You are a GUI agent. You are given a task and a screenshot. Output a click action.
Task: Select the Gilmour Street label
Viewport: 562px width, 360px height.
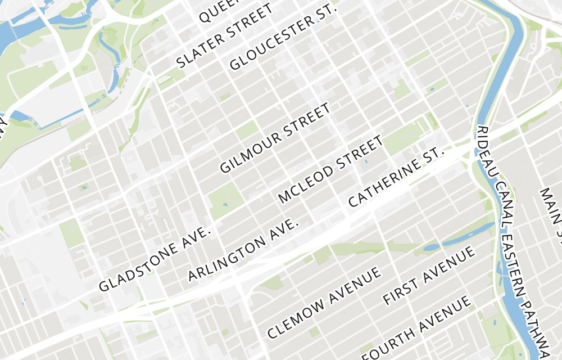(x=275, y=138)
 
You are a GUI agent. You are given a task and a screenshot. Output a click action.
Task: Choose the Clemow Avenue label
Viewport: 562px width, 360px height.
(x=324, y=302)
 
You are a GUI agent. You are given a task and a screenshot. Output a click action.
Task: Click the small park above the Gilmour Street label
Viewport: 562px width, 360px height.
(x=247, y=130)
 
